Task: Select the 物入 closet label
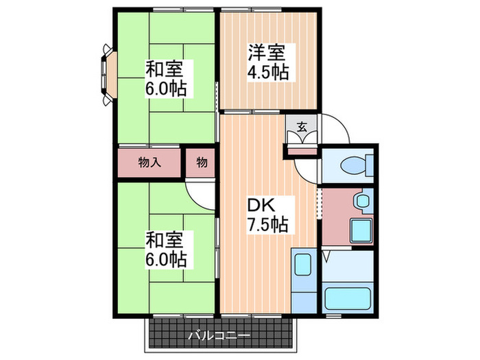(149, 163)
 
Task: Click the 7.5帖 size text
(267, 224)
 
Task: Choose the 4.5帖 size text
(268, 71)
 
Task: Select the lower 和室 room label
(165, 239)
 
